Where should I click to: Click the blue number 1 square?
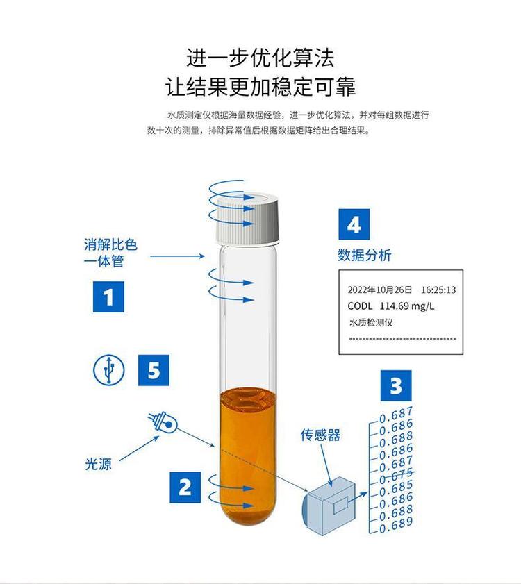click(x=108, y=297)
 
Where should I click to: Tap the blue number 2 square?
click(x=185, y=487)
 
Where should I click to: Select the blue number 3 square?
click(x=396, y=385)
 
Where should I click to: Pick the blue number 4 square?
click(x=354, y=224)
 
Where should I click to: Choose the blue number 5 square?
click(x=154, y=370)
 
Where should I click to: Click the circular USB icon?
click(x=109, y=370)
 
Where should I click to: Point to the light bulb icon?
click(x=163, y=423)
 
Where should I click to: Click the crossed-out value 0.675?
click(x=396, y=474)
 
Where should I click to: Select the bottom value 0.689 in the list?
click(x=396, y=524)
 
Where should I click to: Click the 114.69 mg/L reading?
click(x=407, y=306)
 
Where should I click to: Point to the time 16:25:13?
click(x=438, y=290)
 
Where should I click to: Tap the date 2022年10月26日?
click(x=380, y=290)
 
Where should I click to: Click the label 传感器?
click(x=320, y=435)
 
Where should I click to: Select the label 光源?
click(x=99, y=464)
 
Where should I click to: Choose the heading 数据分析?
click(x=365, y=255)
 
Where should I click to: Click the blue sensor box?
click(x=329, y=505)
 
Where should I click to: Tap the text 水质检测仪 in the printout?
click(x=371, y=322)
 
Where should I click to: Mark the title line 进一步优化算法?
click(x=260, y=58)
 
